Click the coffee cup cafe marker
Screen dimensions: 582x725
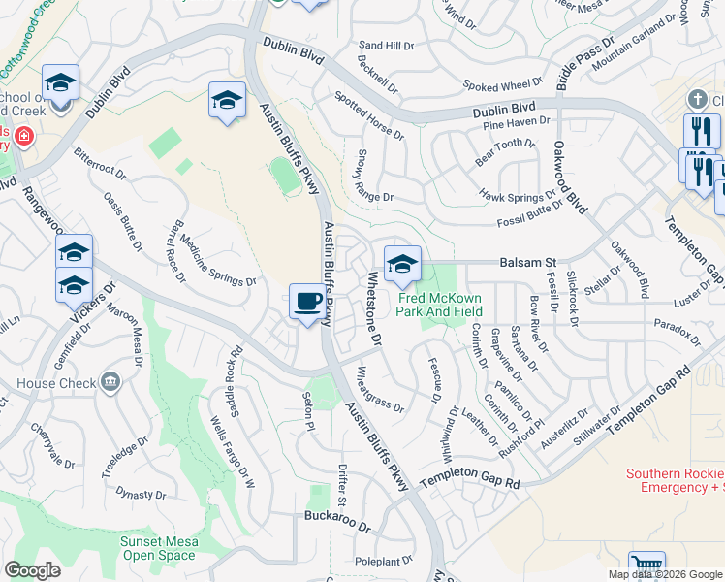point(307,301)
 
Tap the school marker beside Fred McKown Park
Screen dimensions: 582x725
point(402,264)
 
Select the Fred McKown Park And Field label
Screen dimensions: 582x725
point(440,305)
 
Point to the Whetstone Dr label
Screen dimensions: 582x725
point(373,308)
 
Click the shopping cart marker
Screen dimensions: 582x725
point(646,566)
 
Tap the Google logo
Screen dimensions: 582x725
point(33,569)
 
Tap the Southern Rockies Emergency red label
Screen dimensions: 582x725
point(675,480)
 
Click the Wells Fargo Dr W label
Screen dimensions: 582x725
point(232,452)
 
